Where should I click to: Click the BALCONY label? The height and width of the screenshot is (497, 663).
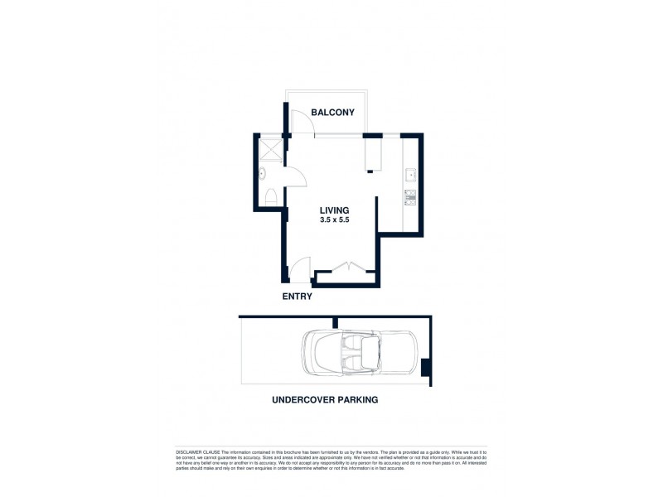coord(332,113)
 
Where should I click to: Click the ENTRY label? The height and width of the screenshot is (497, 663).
coord(296,296)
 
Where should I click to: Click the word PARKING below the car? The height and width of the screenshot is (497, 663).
coord(357,399)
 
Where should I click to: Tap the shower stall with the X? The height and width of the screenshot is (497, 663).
coord(269,148)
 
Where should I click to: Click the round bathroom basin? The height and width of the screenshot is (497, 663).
coord(263,174)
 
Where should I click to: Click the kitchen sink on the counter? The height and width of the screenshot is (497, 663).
coord(411,175)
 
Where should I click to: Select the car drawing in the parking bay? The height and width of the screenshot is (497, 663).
coord(360,354)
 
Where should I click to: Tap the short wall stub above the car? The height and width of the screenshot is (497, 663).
coord(335,322)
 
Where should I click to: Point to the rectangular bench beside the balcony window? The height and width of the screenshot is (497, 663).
coord(372,152)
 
